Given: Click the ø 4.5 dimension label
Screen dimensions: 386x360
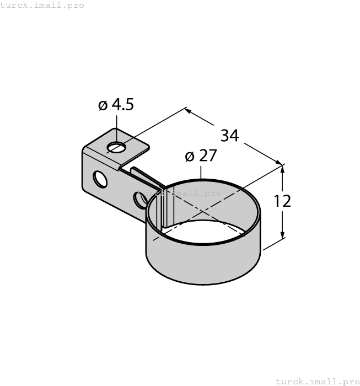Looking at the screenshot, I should [x=116, y=105].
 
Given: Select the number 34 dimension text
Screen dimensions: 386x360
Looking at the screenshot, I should [x=229, y=135].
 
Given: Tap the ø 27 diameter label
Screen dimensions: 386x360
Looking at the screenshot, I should [x=201, y=156].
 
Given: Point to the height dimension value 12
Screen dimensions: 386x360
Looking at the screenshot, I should [x=282, y=201].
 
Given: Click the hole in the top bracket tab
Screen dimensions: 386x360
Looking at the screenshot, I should [x=116, y=147].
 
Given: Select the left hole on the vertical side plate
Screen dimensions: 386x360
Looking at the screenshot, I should [x=100, y=179].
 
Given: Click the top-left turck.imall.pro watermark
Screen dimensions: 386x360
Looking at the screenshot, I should [x=42, y=5].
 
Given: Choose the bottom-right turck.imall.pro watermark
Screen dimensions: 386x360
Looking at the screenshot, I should [x=317, y=381].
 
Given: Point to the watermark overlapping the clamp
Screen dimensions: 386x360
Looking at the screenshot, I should [x=179, y=193].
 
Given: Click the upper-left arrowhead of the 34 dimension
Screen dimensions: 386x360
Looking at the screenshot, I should [x=188, y=111].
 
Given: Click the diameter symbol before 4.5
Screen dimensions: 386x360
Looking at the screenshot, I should [x=103, y=105].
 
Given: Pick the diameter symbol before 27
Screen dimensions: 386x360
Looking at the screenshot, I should [x=190, y=157].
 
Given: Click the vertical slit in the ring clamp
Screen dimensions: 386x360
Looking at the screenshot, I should [x=163, y=210].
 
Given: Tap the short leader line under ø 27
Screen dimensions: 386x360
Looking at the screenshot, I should [x=201, y=172].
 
